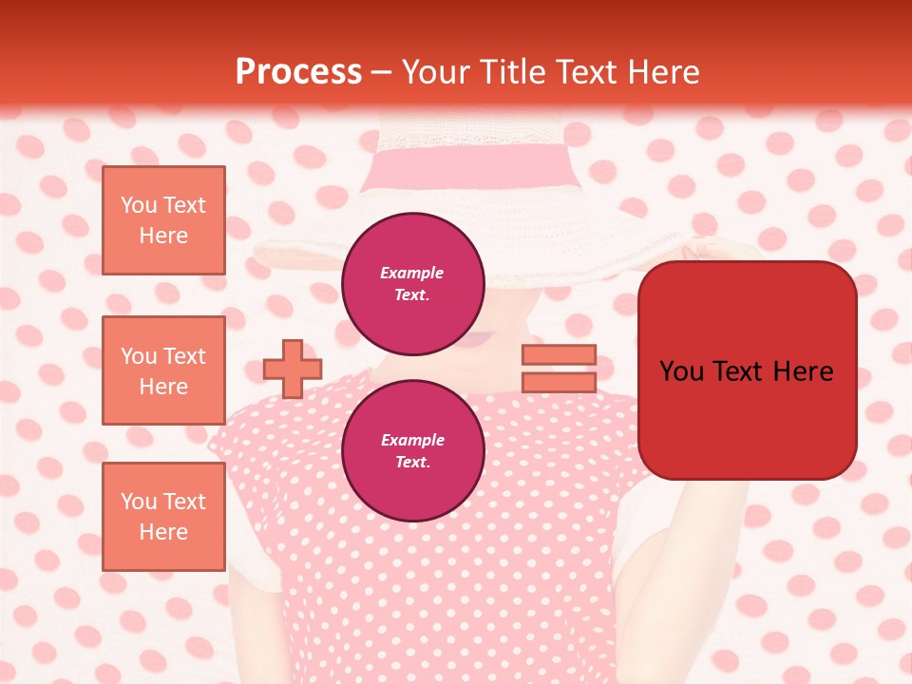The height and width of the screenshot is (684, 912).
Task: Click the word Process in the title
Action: click(x=298, y=72)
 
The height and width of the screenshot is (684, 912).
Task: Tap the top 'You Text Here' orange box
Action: click(x=163, y=220)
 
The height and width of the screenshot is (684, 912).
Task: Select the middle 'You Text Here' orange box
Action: click(x=163, y=370)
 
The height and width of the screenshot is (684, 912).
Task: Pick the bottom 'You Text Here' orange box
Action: click(x=163, y=517)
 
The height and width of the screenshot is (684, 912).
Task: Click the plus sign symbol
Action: click(x=293, y=369)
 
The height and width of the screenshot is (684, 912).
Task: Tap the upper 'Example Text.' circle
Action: click(x=412, y=283)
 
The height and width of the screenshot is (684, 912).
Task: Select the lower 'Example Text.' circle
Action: click(x=412, y=450)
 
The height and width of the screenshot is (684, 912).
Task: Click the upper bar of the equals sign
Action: click(x=559, y=354)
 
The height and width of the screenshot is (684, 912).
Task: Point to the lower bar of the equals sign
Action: click(x=559, y=382)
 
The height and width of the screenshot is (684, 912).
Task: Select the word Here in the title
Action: click(x=664, y=72)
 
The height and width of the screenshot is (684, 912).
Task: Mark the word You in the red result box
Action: click(x=681, y=371)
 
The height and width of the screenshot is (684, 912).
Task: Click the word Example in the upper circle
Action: click(x=412, y=273)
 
